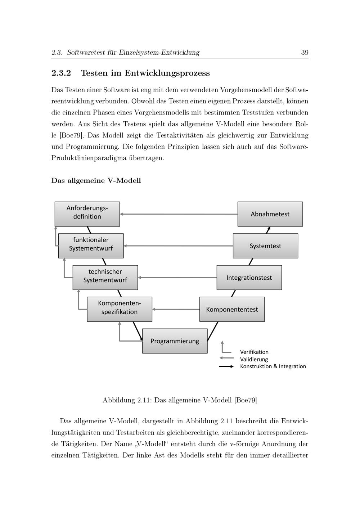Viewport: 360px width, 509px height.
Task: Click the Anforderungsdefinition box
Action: (87, 214)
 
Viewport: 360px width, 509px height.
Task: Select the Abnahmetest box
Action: (270, 214)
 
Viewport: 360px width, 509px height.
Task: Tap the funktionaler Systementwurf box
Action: (91, 246)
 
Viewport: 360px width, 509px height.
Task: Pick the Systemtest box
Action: (265, 246)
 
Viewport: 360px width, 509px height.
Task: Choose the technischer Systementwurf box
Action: (105, 277)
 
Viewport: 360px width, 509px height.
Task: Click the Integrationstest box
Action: (249, 277)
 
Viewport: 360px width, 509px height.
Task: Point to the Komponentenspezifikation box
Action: (120, 309)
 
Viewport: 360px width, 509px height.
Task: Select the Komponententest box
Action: (232, 309)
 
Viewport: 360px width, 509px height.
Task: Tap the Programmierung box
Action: (175, 341)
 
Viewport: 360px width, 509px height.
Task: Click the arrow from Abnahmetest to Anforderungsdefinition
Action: (179, 214)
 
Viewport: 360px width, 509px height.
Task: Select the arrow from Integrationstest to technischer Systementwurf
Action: (177, 278)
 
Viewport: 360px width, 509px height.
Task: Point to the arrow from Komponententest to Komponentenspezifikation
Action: (176, 309)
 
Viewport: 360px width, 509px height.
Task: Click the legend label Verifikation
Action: (254, 352)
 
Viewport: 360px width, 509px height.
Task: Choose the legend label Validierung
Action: (254, 359)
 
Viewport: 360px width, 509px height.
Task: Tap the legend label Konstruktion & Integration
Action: (273, 366)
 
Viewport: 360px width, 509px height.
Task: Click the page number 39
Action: (305, 53)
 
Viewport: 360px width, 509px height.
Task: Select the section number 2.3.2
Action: (61, 73)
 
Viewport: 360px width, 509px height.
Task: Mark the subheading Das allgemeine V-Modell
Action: (96, 180)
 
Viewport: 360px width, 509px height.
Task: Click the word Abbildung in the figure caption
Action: (118, 400)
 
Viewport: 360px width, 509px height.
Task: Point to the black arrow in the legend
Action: (226, 366)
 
